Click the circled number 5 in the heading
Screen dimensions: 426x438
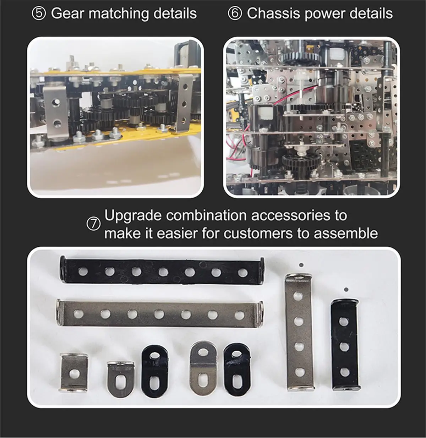click(39, 13)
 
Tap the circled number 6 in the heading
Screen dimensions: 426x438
click(235, 13)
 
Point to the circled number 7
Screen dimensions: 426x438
click(94, 224)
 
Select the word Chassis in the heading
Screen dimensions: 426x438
click(274, 13)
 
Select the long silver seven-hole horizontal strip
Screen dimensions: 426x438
click(160, 314)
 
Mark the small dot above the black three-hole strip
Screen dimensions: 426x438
click(346, 289)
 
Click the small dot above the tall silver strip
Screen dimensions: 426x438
click(301, 265)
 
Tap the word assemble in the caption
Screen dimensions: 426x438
click(346, 234)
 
